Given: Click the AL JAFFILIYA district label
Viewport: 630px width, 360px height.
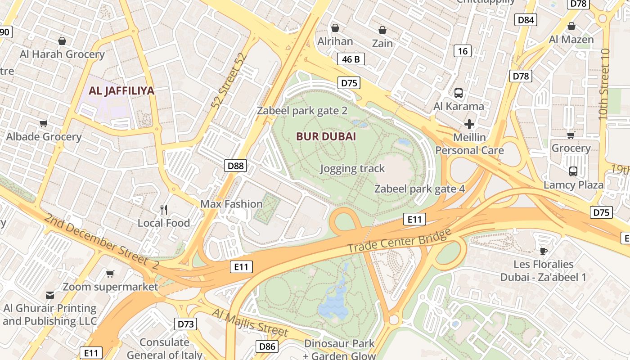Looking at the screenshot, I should (x=121, y=90).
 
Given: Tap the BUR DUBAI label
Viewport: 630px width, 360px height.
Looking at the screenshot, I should (x=326, y=137).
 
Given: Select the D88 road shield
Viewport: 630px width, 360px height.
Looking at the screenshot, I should (x=235, y=166).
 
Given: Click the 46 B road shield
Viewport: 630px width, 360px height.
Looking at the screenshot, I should (x=351, y=59).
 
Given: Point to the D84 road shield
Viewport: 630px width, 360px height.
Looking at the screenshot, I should (x=526, y=20).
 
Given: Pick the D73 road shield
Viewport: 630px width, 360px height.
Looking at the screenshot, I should (x=185, y=324).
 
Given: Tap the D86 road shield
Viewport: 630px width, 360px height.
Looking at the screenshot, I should (x=267, y=346).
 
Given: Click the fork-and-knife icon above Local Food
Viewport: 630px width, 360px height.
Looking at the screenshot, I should (x=164, y=209).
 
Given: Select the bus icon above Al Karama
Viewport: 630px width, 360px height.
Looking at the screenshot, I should (x=458, y=93).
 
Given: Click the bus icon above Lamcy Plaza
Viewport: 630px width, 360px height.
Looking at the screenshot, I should (x=573, y=171).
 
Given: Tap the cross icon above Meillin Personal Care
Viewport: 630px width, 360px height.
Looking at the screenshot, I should (x=469, y=124).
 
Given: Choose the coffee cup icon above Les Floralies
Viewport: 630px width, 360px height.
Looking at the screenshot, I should (x=543, y=251).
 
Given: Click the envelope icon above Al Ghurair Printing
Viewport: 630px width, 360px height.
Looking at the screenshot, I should (x=49, y=295).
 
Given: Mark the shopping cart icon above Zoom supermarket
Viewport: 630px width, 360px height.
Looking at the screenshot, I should (x=110, y=274).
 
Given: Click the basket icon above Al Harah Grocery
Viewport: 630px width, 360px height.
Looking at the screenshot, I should (x=62, y=41).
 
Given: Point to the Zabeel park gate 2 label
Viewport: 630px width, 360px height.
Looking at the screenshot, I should (x=302, y=111).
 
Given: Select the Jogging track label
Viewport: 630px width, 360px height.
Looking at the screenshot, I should (x=352, y=169).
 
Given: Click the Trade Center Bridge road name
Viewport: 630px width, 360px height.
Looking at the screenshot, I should (x=399, y=241).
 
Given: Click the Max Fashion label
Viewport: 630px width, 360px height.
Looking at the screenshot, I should (x=231, y=204).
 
